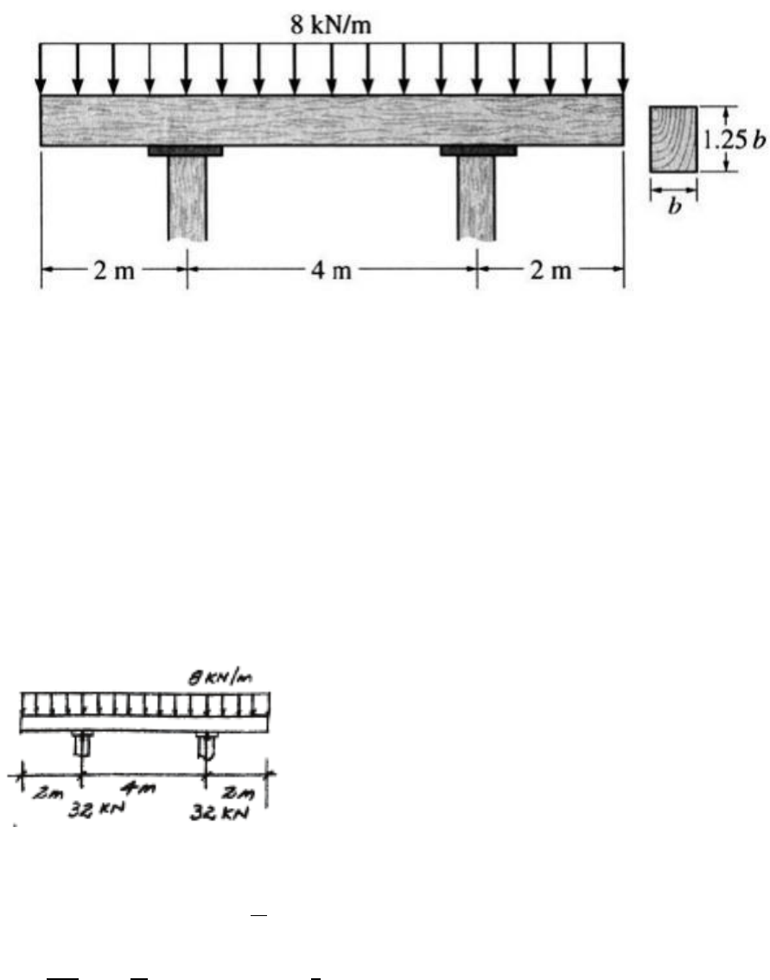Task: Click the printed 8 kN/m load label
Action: click(x=331, y=25)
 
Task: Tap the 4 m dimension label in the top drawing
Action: click(x=331, y=270)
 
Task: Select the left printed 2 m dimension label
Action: click(x=114, y=270)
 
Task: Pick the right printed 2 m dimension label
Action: click(x=550, y=270)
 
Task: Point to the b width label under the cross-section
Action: click(x=674, y=206)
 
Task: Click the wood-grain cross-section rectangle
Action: click(x=674, y=139)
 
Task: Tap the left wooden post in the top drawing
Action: click(x=187, y=198)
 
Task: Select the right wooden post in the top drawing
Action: click(x=476, y=198)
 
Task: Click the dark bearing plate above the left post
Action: click(x=186, y=150)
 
